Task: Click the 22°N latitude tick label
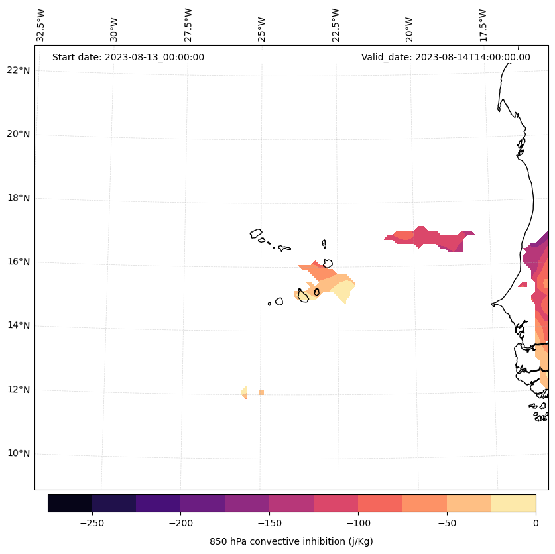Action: [x=19, y=70]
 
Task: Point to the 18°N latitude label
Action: [x=19, y=198]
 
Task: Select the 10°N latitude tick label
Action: [x=19, y=453]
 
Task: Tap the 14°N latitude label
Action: [x=19, y=325]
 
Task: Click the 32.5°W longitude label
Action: [x=41, y=25]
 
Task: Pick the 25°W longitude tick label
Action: [x=262, y=25]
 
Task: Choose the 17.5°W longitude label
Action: [x=483, y=25]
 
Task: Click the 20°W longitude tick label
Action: [x=409, y=25]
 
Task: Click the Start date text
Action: [x=128, y=57]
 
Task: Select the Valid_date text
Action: [x=446, y=57]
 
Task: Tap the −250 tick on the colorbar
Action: [x=92, y=523]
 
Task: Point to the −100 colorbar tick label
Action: [x=358, y=523]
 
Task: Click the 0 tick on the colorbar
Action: [x=535, y=523]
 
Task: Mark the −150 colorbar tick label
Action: [x=269, y=523]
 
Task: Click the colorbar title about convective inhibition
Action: [x=291, y=541]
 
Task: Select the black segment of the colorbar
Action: [x=70, y=503]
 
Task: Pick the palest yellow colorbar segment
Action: [x=513, y=503]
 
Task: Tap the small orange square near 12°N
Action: [x=261, y=393]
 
